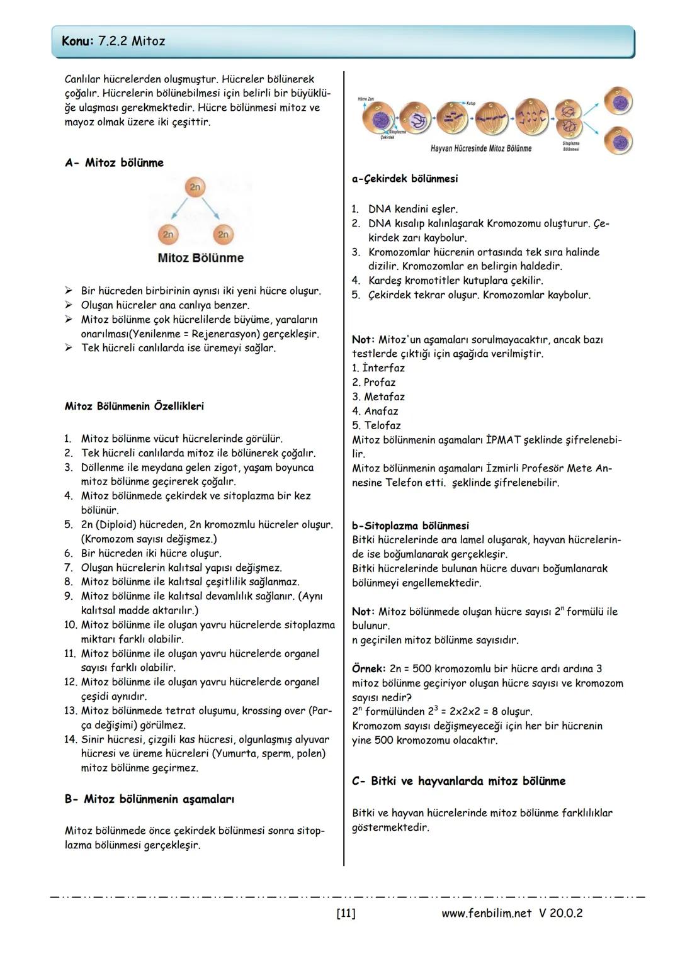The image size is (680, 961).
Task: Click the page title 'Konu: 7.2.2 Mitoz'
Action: (114, 42)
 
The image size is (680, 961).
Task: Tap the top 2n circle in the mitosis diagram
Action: (195, 187)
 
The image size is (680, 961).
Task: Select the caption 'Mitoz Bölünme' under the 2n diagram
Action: (200, 258)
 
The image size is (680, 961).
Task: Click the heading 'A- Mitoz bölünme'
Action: (114, 163)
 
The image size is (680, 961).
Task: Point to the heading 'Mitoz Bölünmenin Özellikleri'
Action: (134, 407)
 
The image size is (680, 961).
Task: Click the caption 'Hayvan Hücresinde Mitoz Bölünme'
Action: (480, 149)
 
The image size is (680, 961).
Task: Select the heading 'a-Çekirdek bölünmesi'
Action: (405, 179)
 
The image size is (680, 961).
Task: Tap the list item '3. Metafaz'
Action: (378, 397)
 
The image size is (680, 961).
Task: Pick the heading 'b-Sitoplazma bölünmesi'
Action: (411, 526)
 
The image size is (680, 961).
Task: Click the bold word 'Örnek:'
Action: (369, 669)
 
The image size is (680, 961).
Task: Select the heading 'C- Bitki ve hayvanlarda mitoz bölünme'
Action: (458, 781)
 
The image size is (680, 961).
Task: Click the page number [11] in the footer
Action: (346, 913)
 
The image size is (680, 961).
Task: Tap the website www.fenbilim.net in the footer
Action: (486, 913)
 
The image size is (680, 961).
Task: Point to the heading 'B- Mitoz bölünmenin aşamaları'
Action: (149, 799)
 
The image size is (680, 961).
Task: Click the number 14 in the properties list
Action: (70, 739)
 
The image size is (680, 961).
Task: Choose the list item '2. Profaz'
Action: (374, 383)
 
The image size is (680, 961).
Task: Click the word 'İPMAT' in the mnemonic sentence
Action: (504, 440)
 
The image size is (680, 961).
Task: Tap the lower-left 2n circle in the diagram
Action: (168, 234)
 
